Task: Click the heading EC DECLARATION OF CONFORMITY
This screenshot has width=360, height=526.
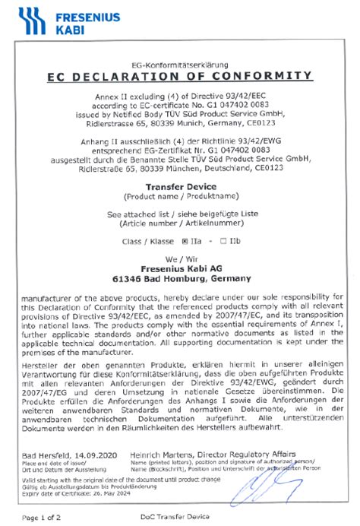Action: [x=179, y=76]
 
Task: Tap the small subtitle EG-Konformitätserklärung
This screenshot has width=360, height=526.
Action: [x=179, y=65]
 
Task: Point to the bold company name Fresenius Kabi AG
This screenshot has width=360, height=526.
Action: [x=179, y=268]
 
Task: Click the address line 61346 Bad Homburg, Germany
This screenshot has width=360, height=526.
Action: [x=179, y=278]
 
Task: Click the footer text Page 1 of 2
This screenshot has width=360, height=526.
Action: [x=42, y=517]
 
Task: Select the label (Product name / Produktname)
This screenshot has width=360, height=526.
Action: [x=179, y=195]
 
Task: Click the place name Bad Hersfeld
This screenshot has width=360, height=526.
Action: [x=46, y=454]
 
